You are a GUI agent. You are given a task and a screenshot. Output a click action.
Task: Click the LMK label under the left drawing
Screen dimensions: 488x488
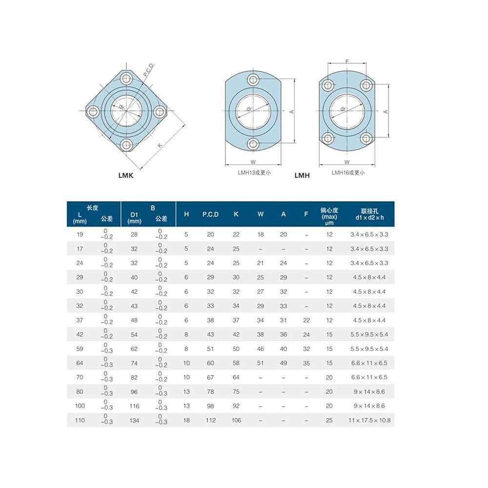tap(126, 175)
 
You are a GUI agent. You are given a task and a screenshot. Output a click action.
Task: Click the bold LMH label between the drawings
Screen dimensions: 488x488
tap(302, 175)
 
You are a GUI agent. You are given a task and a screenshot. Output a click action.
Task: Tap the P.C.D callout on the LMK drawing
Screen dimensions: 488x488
tap(149, 70)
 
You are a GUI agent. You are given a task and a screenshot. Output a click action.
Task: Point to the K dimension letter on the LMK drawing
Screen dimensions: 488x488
tap(160, 145)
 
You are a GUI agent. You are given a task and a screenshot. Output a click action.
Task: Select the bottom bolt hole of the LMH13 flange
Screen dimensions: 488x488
tap(253, 144)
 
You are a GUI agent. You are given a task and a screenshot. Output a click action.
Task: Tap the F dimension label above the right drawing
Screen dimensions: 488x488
tap(347, 61)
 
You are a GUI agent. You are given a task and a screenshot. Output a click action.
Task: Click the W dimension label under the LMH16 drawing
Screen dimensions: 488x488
tap(347, 162)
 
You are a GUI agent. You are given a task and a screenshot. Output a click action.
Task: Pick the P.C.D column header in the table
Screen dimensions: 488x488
tap(210, 214)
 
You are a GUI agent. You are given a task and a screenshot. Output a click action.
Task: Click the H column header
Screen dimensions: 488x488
tap(186, 214)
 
